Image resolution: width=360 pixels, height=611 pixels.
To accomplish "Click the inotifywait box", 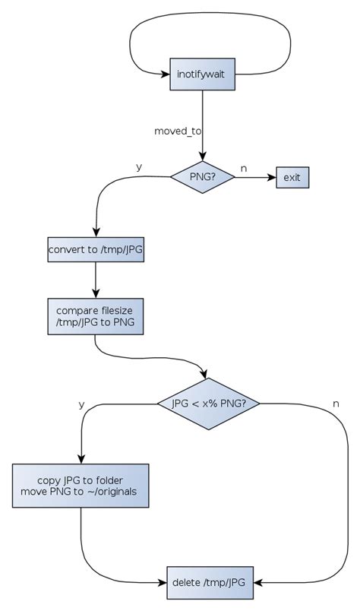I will click(202, 74).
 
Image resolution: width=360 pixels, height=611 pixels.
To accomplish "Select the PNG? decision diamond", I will click(202, 178).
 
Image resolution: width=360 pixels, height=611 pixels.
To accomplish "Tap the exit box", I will click(292, 178).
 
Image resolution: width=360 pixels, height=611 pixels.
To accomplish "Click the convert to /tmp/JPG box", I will click(95, 249).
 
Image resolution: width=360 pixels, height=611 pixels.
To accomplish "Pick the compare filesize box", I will click(95, 316).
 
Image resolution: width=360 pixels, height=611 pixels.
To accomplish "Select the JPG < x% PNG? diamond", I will click(208, 403).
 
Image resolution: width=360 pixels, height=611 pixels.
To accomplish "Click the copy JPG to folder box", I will click(81, 486).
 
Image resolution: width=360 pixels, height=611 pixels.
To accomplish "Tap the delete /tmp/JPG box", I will click(209, 582).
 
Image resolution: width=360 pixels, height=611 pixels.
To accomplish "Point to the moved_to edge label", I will click(178, 131).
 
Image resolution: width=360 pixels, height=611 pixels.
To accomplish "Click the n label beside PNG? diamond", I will click(243, 167).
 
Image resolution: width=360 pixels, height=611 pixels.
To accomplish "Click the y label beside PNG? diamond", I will click(138, 166).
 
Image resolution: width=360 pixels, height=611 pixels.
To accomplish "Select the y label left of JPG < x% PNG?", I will click(81, 404).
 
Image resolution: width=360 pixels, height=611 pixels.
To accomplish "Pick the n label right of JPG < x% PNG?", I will click(335, 401).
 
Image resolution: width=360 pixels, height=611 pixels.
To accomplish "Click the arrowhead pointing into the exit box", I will click(270, 178).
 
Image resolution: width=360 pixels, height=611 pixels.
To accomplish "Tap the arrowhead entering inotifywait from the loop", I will click(165, 74).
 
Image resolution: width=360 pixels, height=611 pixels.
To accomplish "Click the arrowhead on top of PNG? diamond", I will click(202, 157).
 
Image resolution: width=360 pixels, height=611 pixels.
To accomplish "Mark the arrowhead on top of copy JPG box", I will click(81, 459).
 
